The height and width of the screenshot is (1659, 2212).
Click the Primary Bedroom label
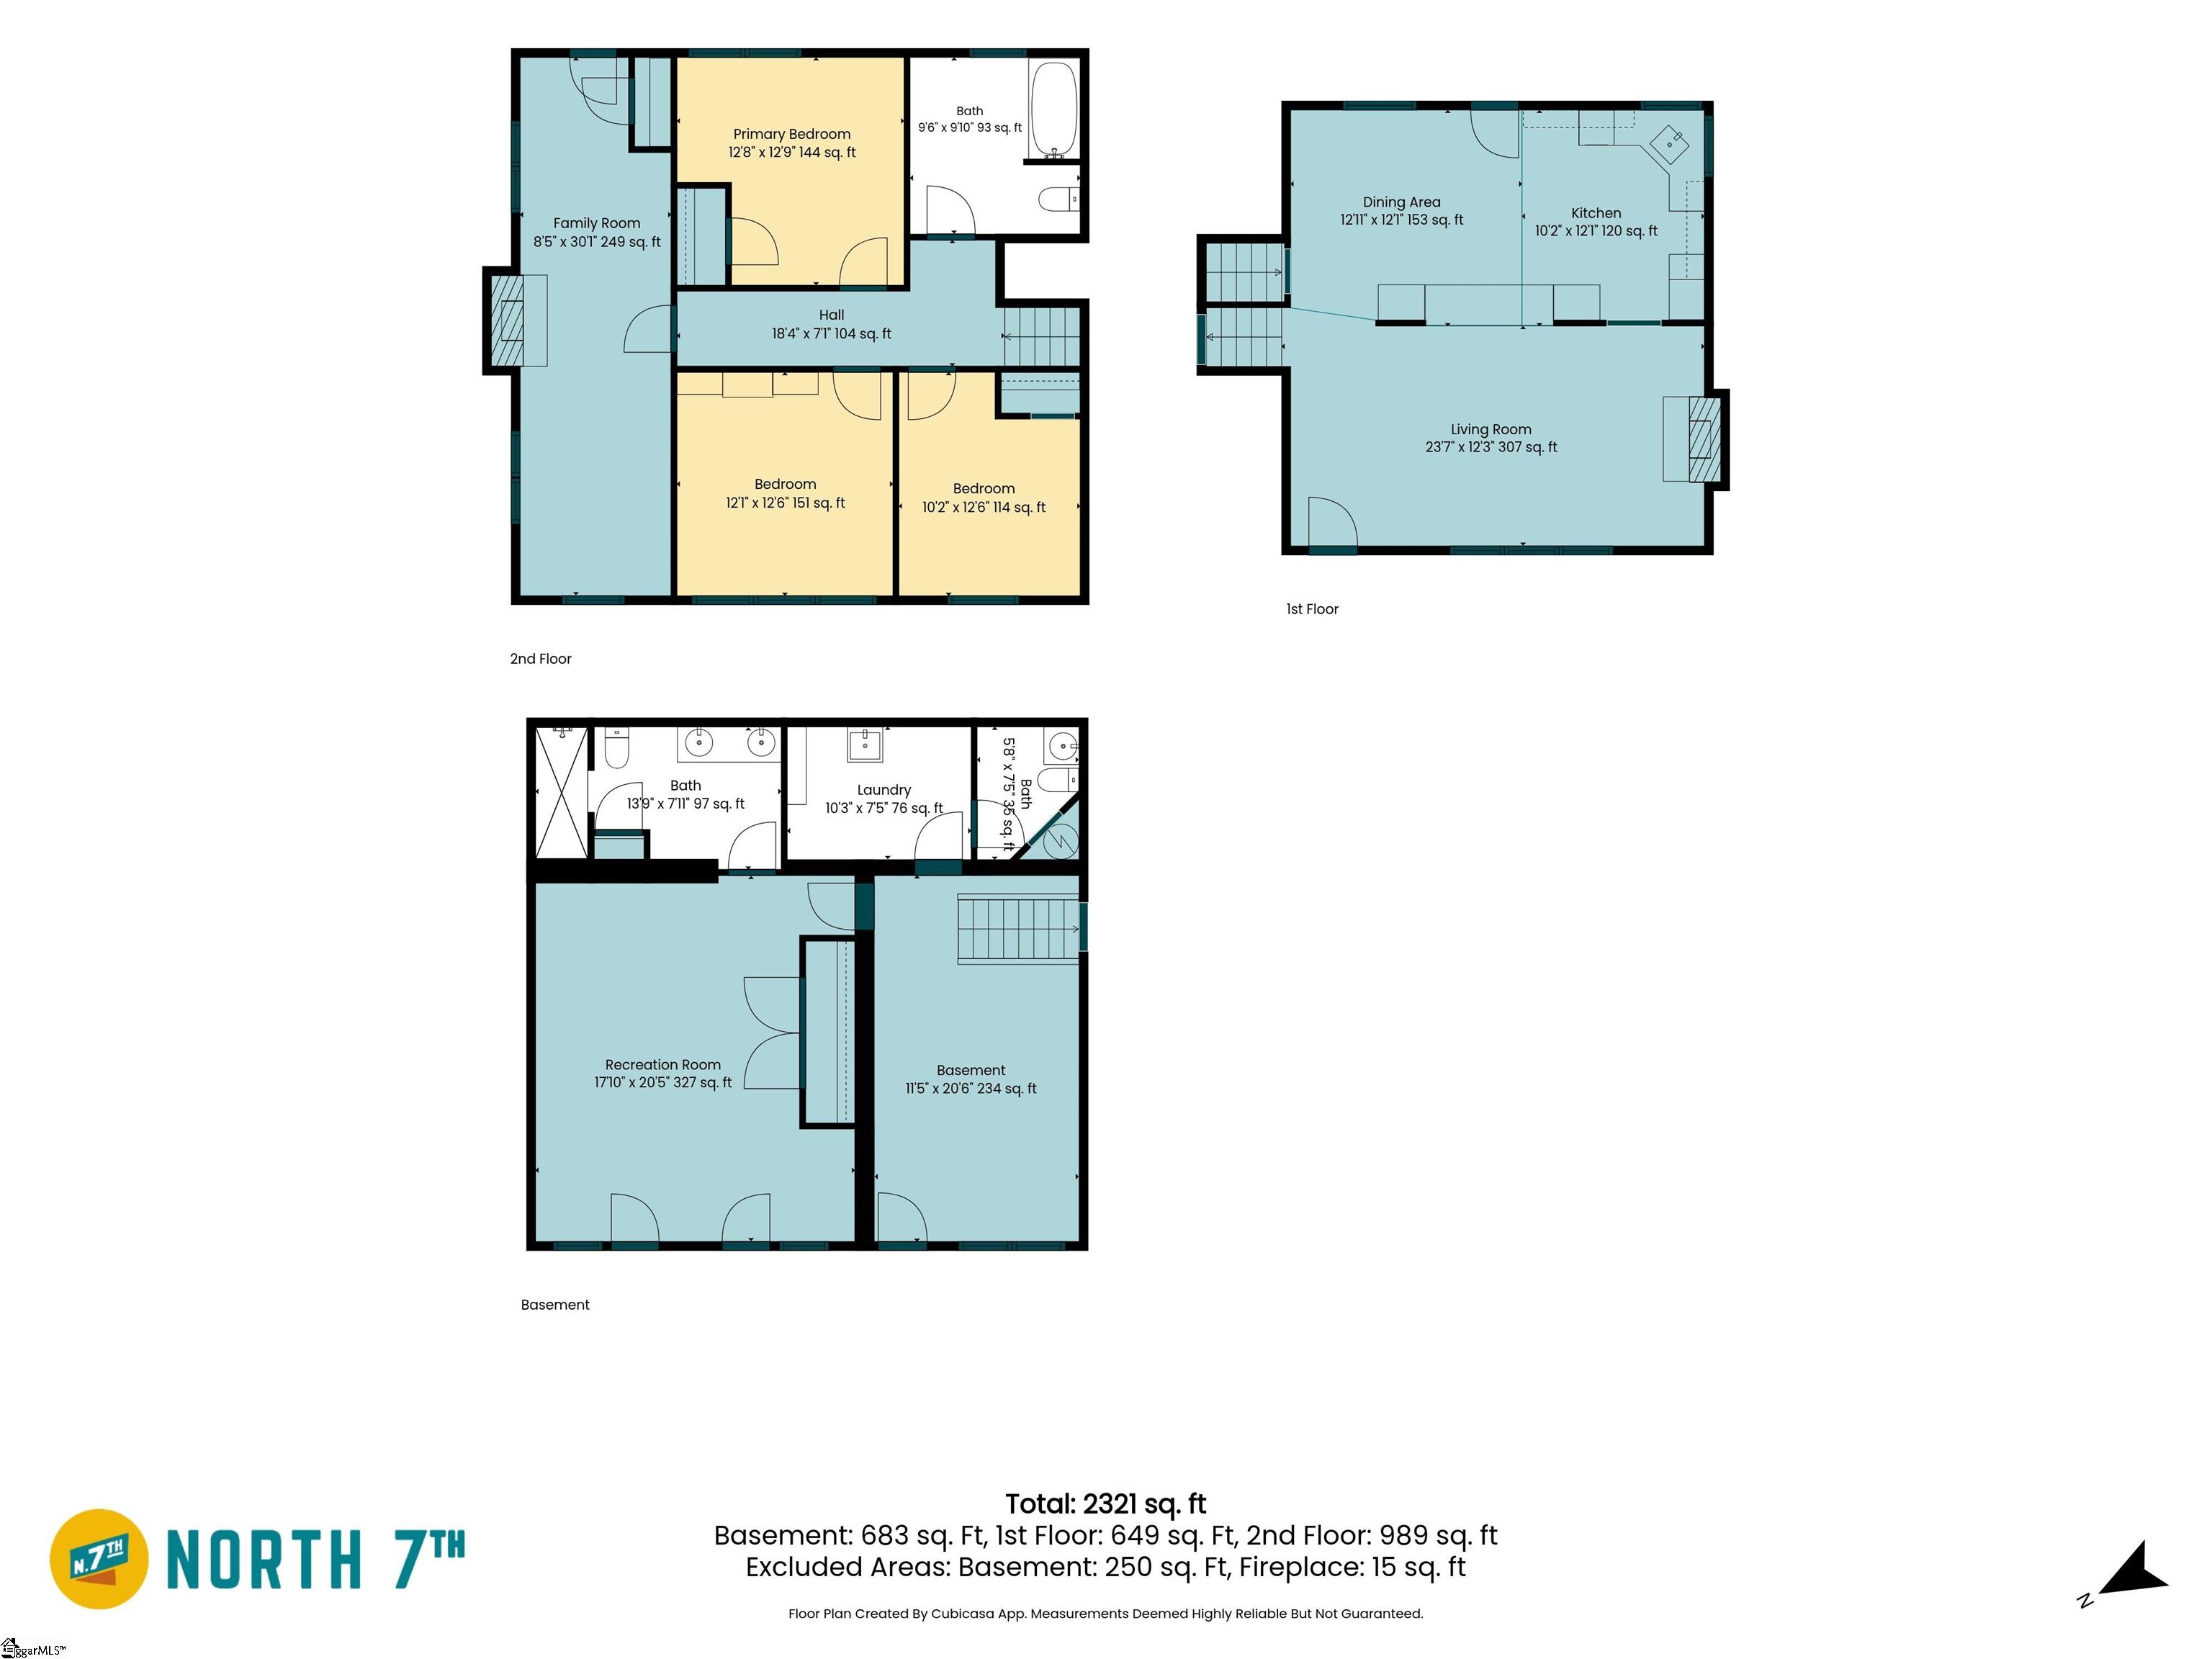(792, 134)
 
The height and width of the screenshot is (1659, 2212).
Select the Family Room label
(597, 223)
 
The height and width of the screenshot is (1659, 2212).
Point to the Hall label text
(831, 315)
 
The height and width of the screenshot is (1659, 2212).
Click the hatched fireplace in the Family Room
(509, 320)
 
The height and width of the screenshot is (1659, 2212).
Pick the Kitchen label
(1596, 213)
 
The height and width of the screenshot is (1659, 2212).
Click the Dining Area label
(1401, 202)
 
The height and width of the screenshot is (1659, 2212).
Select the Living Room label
(1491, 429)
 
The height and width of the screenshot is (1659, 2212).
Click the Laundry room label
(884, 790)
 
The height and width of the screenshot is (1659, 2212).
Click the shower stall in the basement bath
(562, 792)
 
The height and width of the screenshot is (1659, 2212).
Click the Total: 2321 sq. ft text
(1105, 1504)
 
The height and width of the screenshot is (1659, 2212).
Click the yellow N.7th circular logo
(99, 1559)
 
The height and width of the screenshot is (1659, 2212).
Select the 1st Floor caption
(1312, 609)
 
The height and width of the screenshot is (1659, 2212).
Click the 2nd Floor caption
(541, 659)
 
